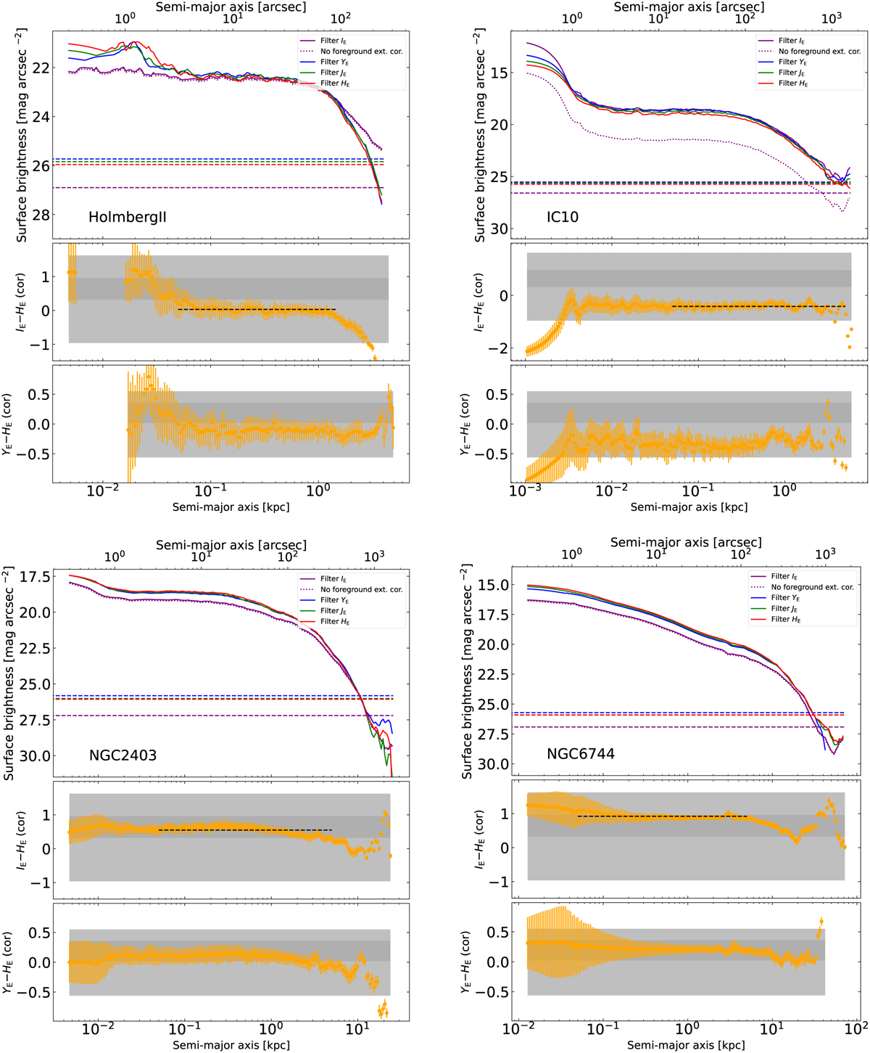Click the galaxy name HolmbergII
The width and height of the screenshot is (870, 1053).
pyautogui.click(x=128, y=217)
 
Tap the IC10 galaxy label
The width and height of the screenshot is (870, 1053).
pyautogui.click(x=563, y=217)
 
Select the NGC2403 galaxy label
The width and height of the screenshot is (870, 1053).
pyautogui.click(x=123, y=755)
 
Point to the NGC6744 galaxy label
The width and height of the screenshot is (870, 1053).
pyautogui.click(x=581, y=754)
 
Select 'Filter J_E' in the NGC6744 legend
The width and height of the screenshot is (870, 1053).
pyautogui.click(x=791, y=609)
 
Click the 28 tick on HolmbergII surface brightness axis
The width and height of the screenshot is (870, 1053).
pyautogui.click(x=41, y=215)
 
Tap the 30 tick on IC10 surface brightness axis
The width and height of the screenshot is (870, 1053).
pyautogui.click(x=498, y=229)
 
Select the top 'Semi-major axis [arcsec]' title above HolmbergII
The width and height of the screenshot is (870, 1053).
pyautogui.click(x=231, y=7)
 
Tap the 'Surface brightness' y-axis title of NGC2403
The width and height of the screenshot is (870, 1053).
pyautogui.click(x=9, y=671)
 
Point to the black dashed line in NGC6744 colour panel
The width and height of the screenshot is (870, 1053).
pyautogui.click(x=660, y=816)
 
